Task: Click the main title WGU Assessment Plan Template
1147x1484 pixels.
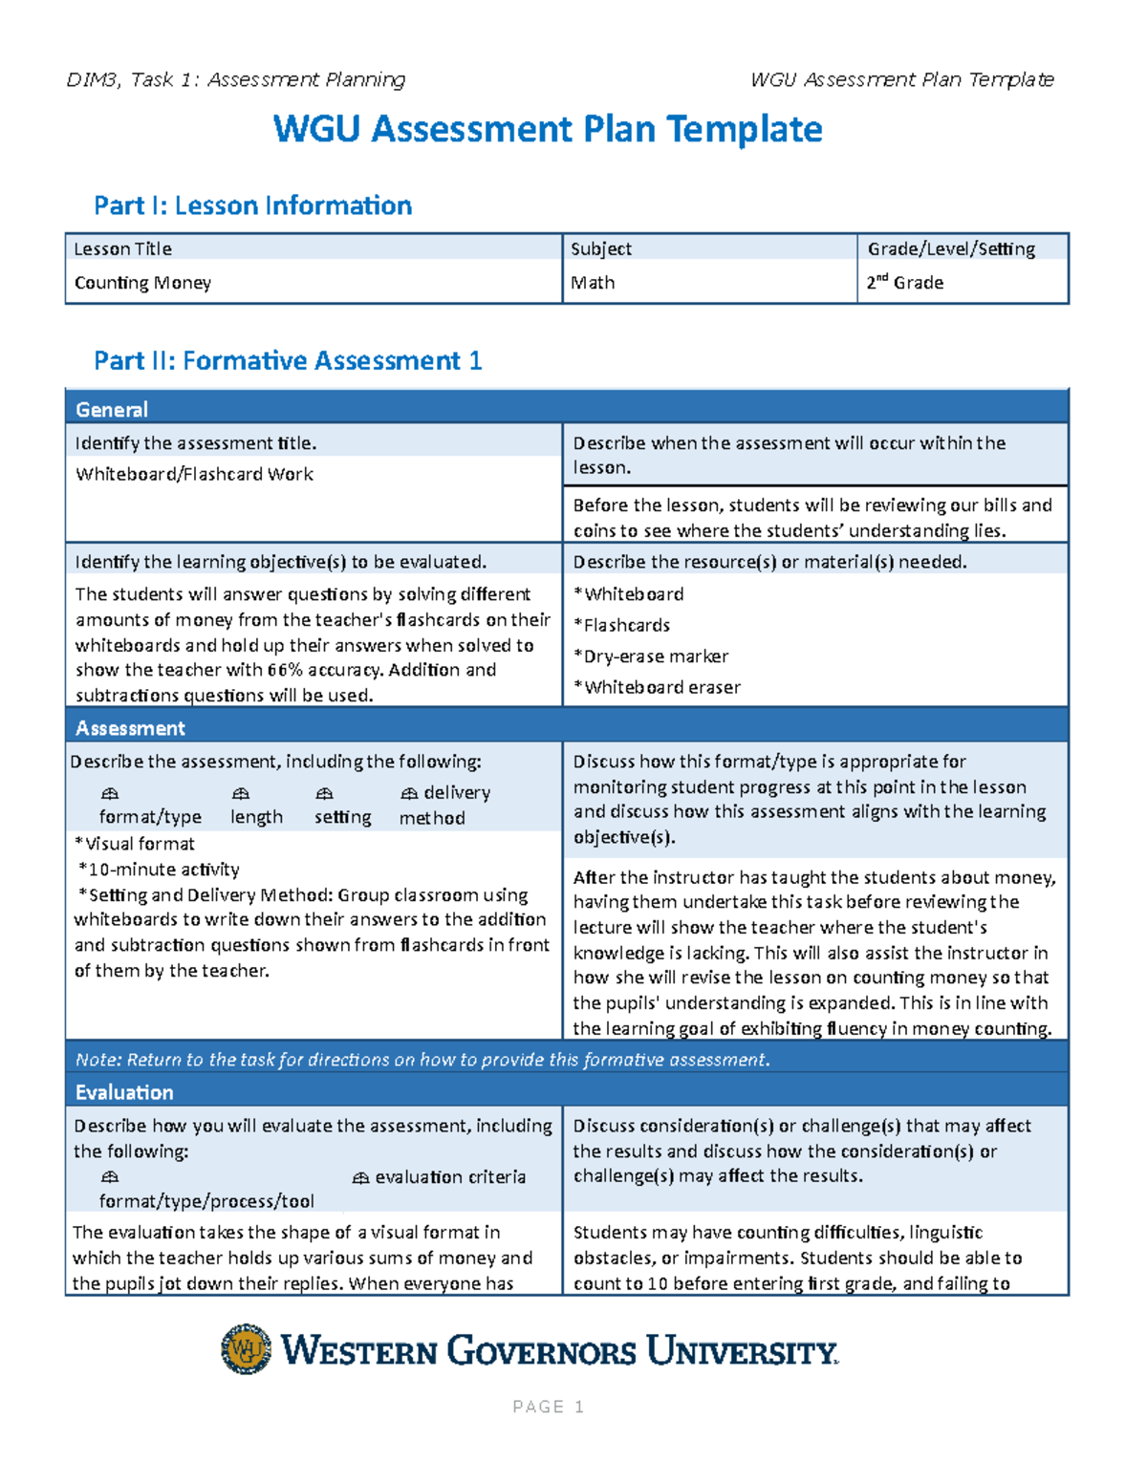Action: click(x=548, y=129)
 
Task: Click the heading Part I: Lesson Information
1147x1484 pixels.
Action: click(x=252, y=205)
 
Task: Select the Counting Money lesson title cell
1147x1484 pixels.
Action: click(x=142, y=283)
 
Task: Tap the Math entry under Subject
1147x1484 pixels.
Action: click(x=593, y=283)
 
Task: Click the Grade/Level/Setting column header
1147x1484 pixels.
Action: click(x=951, y=249)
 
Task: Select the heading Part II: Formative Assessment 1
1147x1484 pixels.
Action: click(x=288, y=360)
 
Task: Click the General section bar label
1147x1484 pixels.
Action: click(x=112, y=410)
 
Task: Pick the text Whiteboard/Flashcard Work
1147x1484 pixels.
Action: click(x=194, y=474)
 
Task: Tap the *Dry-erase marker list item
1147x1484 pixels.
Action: click(x=651, y=656)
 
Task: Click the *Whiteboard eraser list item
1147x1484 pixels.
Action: click(x=657, y=687)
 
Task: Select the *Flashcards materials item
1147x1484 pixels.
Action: click(x=621, y=625)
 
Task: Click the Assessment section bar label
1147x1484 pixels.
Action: click(x=130, y=728)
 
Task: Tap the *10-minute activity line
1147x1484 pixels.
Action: click(x=159, y=870)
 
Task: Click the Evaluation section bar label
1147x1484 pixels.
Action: click(x=124, y=1092)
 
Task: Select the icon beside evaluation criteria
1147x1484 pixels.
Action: click(x=360, y=1178)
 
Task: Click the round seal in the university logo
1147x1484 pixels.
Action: click(x=246, y=1349)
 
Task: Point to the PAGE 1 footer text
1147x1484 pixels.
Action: click(x=548, y=1407)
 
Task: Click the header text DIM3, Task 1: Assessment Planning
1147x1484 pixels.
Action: click(x=236, y=80)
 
